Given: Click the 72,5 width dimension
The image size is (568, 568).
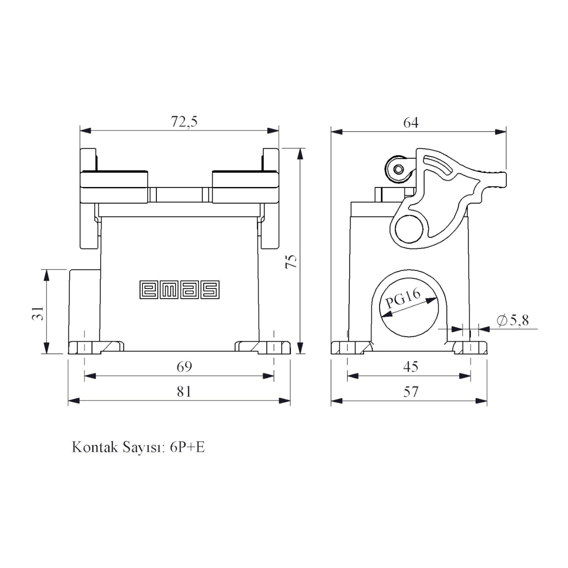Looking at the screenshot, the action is [x=184, y=122].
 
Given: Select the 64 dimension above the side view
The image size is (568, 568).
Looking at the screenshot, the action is [x=411, y=123].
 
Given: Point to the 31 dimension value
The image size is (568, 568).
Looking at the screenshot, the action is [x=38, y=313].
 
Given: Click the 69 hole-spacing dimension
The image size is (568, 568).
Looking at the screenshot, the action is [x=184, y=367].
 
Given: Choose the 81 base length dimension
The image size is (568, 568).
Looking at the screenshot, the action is [x=184, y=391].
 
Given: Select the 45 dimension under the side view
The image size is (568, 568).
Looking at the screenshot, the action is [x=411, y=367].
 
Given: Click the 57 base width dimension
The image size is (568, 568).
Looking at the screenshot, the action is [x=411, y=391].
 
